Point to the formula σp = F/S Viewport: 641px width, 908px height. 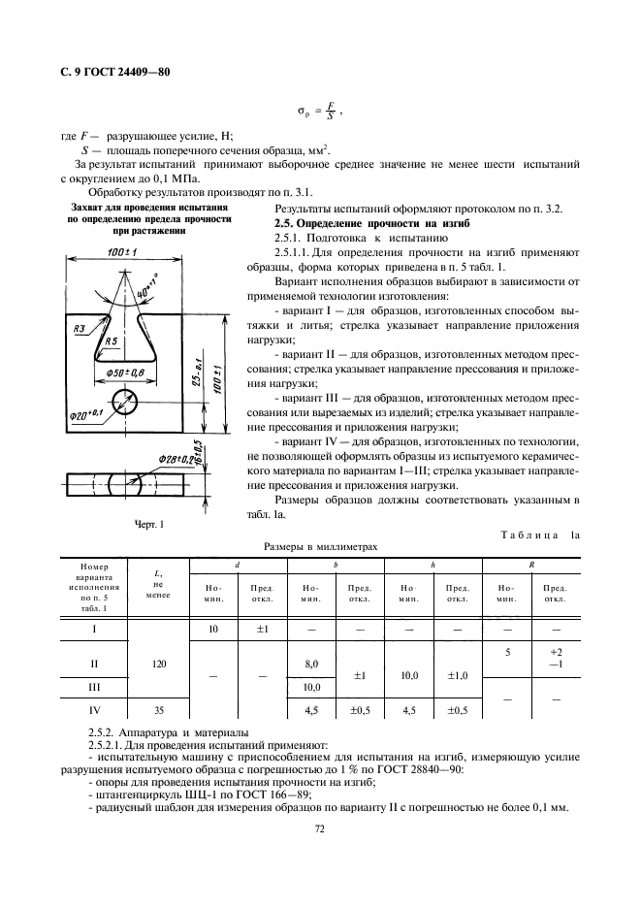pyautogui.click(x=320, y=112)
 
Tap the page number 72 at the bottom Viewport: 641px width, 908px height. pyautogui.click(x=319, y=827)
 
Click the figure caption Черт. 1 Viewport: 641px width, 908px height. pyautogui.click(x=147, y=525)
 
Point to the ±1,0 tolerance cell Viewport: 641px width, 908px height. pyautogui.click(x=457, y=674)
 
